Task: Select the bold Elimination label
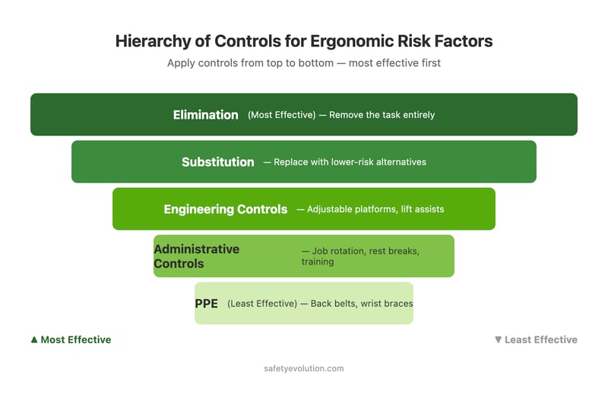[x=205, y=115]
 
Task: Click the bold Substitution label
[x=217, y=162]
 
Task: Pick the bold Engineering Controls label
[x=225, y=209]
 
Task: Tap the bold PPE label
[x=206, y=304]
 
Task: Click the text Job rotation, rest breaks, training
[x=359, y=256]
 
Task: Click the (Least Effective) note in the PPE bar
[x=261, y=304]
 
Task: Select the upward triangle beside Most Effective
[x=34, y=340]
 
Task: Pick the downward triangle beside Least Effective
[x=498, y=340]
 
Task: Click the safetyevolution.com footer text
[x=304, y=368]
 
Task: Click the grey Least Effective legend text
[x=540, y=340]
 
